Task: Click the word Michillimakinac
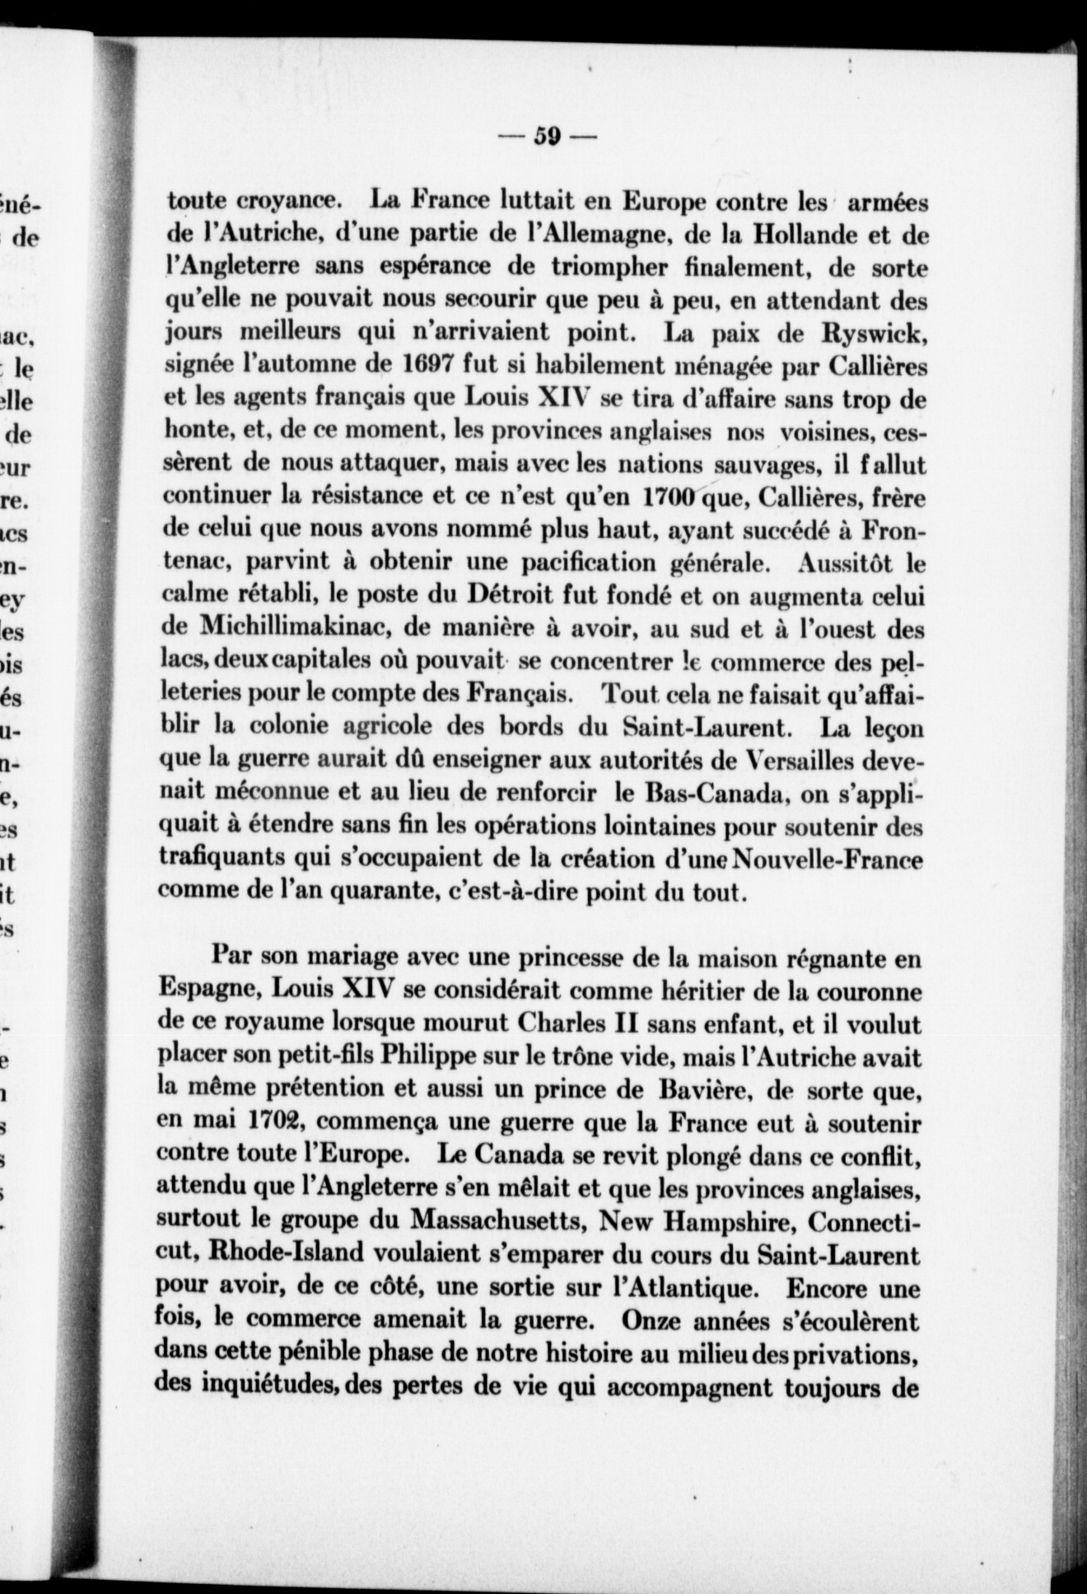coord(316,630)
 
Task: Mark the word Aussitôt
coord(840,564)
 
